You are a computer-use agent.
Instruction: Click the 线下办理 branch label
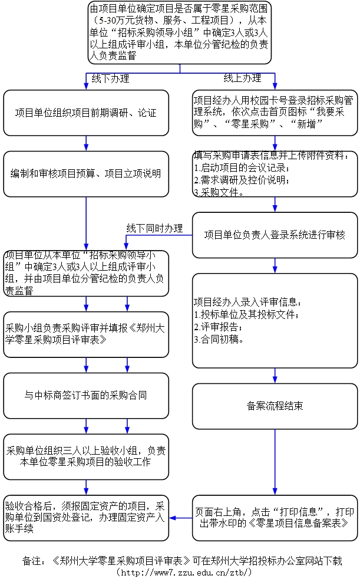click(110, 78)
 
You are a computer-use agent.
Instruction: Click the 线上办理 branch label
click(242, 78)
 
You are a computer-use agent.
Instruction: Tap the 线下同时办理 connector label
click(154, 228)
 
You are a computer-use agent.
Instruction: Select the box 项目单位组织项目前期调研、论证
click(86, 113)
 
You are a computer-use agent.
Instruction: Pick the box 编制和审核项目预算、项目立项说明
click(86, 173)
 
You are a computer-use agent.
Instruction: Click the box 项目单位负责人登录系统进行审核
click(275, 235)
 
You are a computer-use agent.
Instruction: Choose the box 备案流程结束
click(275, 406)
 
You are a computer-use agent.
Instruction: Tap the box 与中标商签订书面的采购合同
click(86, 395)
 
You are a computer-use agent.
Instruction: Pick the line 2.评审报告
click(217, 327)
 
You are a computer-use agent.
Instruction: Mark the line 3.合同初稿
click(219, 339)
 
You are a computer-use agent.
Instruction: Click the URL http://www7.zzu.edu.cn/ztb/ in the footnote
click(185, 573)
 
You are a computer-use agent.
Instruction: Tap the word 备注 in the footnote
click(32, 560)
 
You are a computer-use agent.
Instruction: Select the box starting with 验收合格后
click(86, 517)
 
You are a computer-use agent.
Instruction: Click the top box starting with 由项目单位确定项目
click(180, 32)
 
